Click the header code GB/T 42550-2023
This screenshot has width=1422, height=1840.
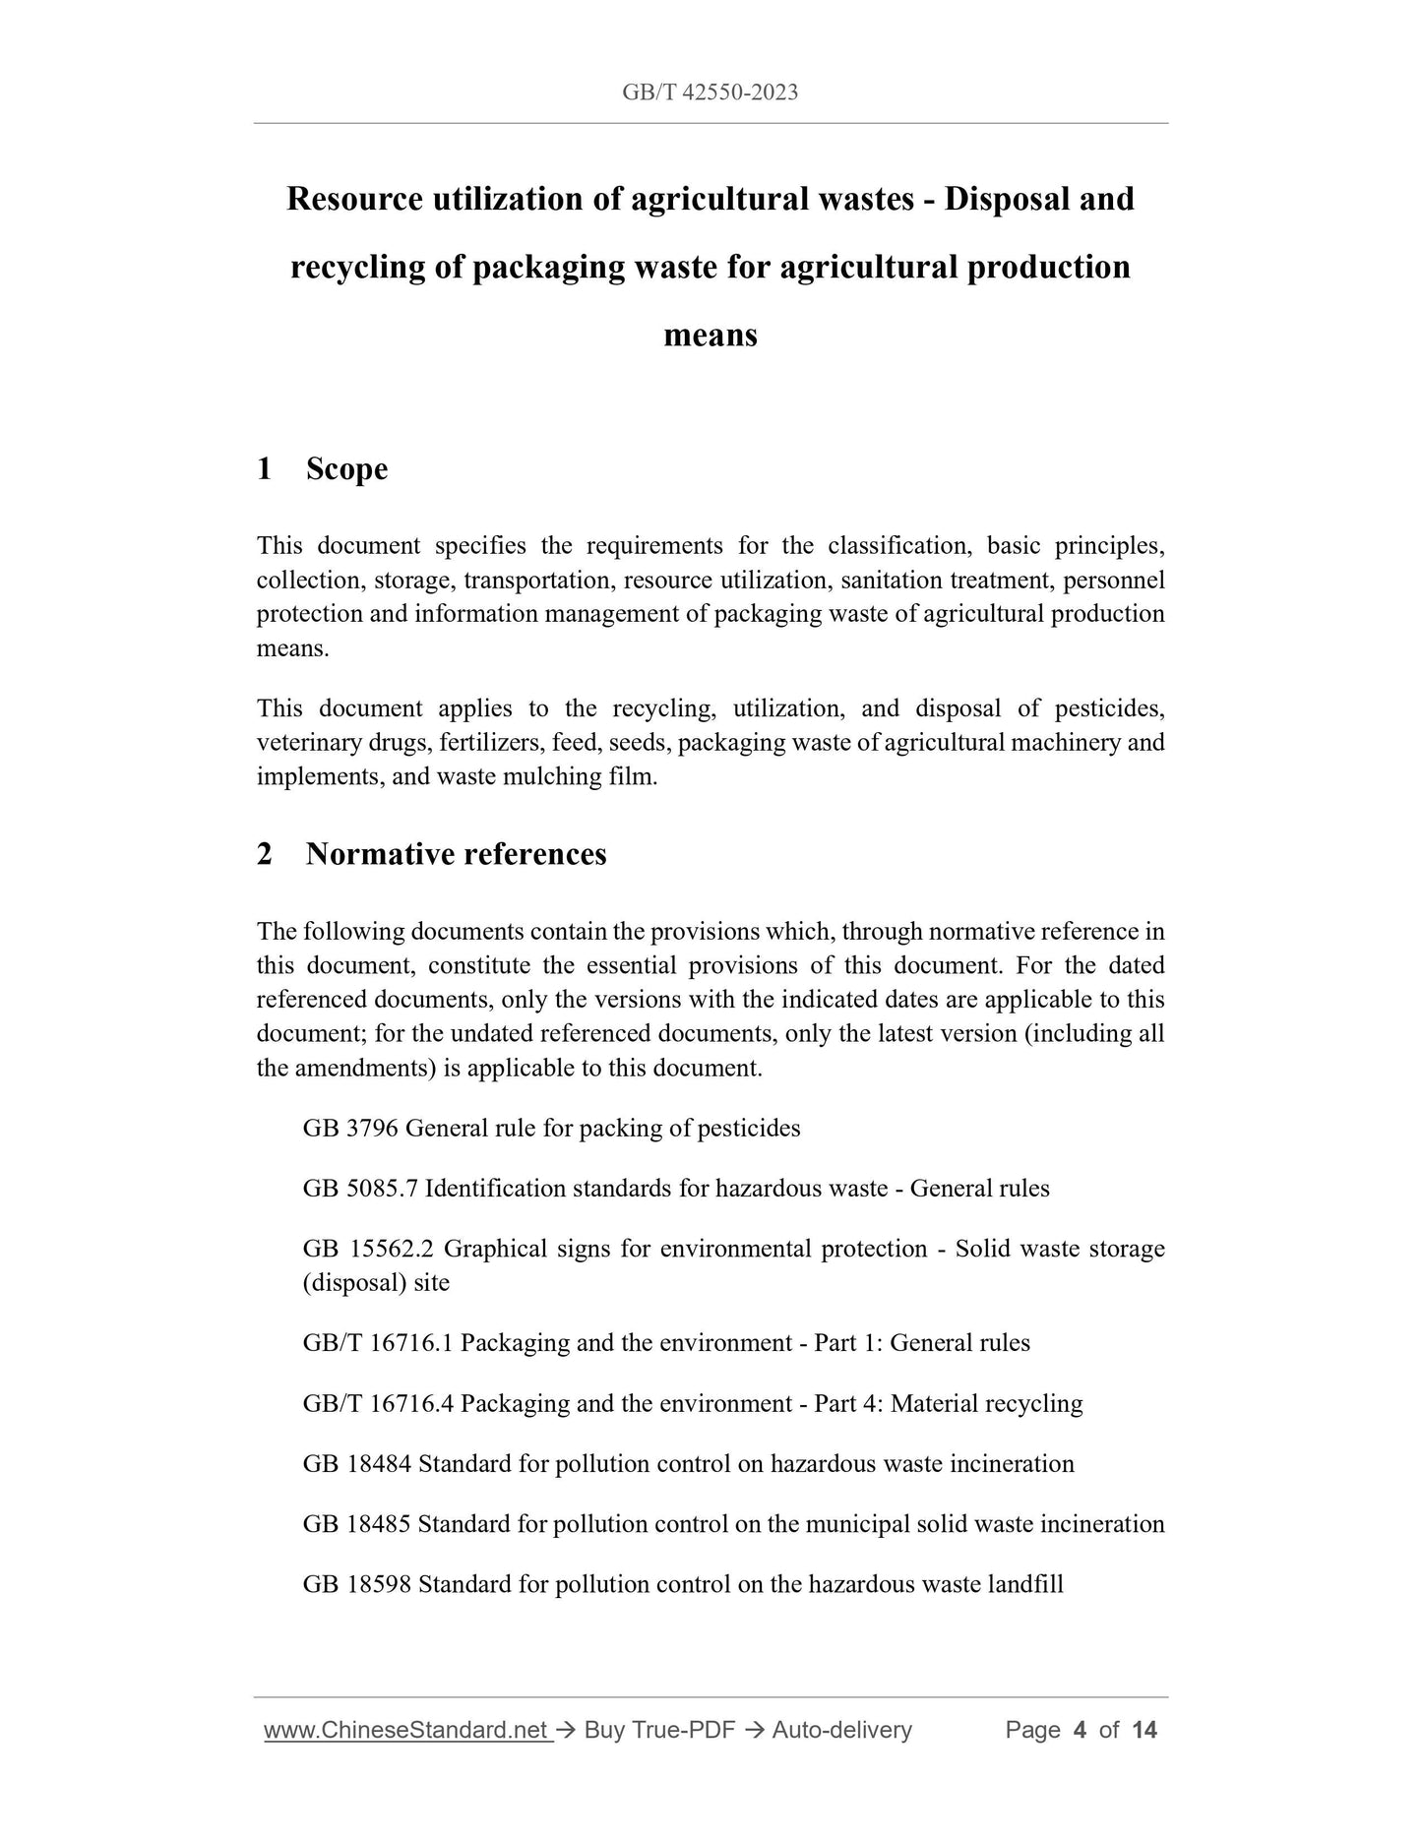710,92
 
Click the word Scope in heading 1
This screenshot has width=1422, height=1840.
346,468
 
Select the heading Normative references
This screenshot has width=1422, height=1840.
456,853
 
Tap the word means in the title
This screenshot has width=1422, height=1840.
711,335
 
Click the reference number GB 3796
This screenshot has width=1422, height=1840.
350,1128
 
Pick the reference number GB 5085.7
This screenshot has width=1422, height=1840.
361,1188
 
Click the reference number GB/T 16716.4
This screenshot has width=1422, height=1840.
378,1403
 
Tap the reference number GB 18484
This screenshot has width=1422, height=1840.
357,1463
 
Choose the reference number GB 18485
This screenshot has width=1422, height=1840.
357,1524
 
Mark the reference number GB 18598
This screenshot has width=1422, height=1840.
357,1584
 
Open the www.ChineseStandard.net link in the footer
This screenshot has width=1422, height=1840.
406,1730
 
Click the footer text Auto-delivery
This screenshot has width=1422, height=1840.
842,1730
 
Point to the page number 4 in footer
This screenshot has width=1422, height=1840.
1080,1730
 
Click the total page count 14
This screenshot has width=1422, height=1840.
1144,1730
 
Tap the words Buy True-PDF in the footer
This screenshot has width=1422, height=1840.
659,1730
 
